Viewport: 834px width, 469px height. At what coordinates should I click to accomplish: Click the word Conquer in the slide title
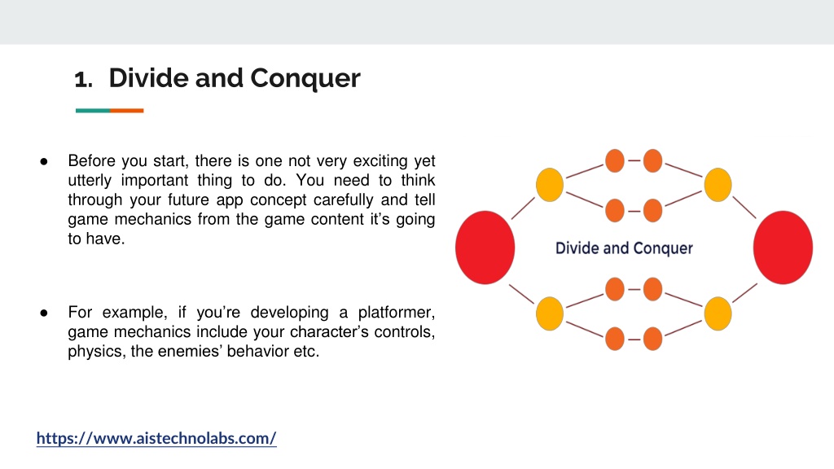[x=305, y=79]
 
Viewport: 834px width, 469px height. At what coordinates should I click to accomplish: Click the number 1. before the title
[x=84, y=80]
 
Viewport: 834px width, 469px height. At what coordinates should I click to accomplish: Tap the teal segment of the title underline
[x=93, y=111]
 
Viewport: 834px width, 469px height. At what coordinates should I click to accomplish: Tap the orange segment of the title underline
[x=126, y=111]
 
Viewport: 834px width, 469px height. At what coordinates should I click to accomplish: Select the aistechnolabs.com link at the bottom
[x=156, y=438]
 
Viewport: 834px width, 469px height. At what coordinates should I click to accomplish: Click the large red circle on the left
[x=485, y=248]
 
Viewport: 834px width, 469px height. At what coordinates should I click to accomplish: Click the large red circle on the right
[x=783, y=248]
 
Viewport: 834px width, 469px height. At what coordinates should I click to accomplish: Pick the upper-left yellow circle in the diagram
[x=550, y=185]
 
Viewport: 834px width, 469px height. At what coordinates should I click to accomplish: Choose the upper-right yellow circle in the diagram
[x=718, y=185]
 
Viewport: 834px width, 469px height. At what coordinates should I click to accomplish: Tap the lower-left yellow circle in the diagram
[x=550, y=313]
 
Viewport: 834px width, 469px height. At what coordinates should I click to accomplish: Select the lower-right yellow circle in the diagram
[x=718, y=313]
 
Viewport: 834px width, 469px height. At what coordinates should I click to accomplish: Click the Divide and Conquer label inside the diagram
[x=624, y=248]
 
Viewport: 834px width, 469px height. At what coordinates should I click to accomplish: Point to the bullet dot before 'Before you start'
[x=44, y=161]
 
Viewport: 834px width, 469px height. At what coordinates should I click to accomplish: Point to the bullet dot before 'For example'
[x=44, y=313]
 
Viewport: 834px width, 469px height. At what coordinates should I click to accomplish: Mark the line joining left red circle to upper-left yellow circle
[x=523, y=208]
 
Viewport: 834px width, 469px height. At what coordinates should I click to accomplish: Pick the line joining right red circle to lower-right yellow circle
[x=744, y=293]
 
